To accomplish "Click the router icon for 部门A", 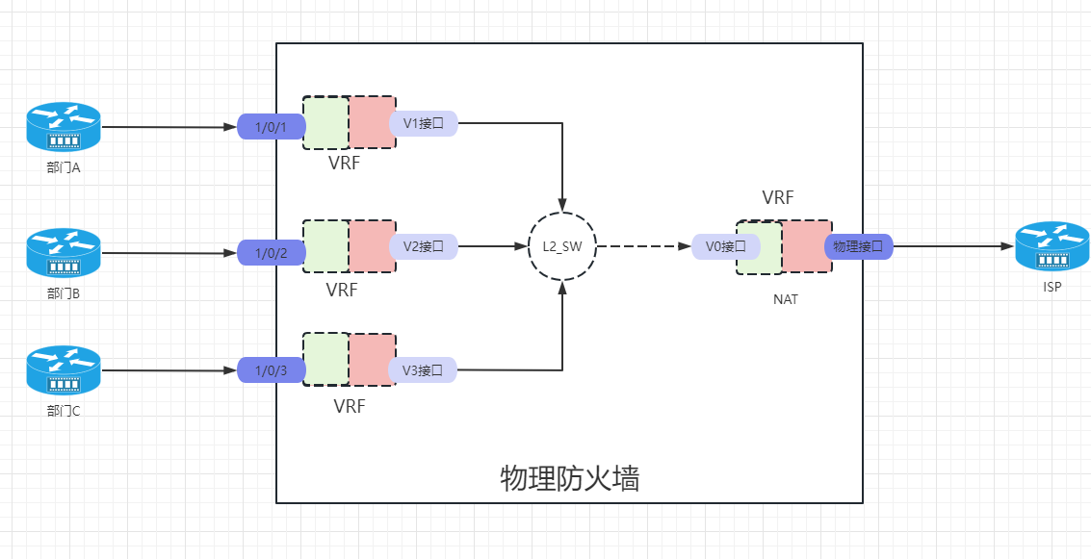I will pyautogui.click(x=64, y=127).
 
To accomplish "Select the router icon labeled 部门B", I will pyautogui.click(x=64, y=252).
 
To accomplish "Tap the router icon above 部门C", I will pyautogui.click(x=64, y=369).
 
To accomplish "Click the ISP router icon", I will pyautogui.click(x=1052, y=246).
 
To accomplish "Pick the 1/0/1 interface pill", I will pyautogui.click(x=271, y=126).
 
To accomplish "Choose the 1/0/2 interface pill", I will pyautogui.click(x=271, y=253).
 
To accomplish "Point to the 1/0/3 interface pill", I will pyautogui.click(x=271, y=371).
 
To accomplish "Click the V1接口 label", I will pyautogui.click(x=423, y=123).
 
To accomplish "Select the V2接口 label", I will pyautogui.click(x=423, y=246).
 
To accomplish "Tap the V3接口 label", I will pyautogui.click(x=423, y=369).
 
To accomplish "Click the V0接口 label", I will pyautogui.click(x=719, y=246).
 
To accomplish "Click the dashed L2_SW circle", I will pyautogui.click(x=562, y=246).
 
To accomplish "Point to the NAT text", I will pyautogui.click(x=785, y=299).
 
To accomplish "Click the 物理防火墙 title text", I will pyautogui.click(x=570, y=478).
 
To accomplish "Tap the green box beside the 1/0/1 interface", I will pyautogui.click(x=325, y=122).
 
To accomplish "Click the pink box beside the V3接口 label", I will pyautogui.click(x=372, y=360).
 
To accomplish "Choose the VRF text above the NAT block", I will pyautogui.click(x=778, y=198).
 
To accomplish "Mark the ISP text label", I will pyautogui.click(x=1052, y=286).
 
